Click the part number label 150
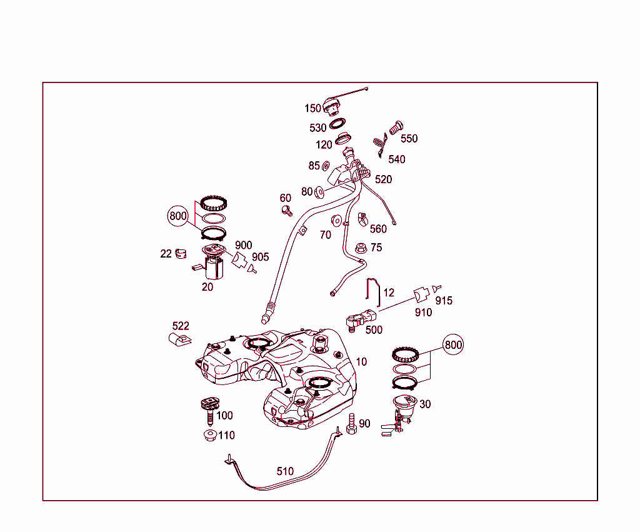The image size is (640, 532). pos(312,108)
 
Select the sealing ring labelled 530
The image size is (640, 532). pos(337,123)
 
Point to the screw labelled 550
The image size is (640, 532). pos(396,128)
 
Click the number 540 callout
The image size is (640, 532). pos(397,159)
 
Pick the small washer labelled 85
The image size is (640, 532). pos(326,166)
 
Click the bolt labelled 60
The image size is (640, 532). pos(287,211)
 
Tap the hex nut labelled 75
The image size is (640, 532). pos(361,248)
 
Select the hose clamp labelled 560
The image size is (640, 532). pos(362,219)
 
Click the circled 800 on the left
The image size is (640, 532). pos(178,216)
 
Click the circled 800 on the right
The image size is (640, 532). pos(453,345)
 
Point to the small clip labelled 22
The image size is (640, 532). pos(181,254)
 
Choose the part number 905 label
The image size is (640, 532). pos(261,257)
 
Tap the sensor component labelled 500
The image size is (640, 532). pos(361,319)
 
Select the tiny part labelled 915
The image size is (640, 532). pos(437,288)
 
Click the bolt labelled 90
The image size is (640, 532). pos(351,424)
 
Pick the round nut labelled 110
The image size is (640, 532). pos(210,435)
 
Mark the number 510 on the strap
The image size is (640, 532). pos(285,471)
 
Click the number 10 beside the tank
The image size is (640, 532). pos(361,361)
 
